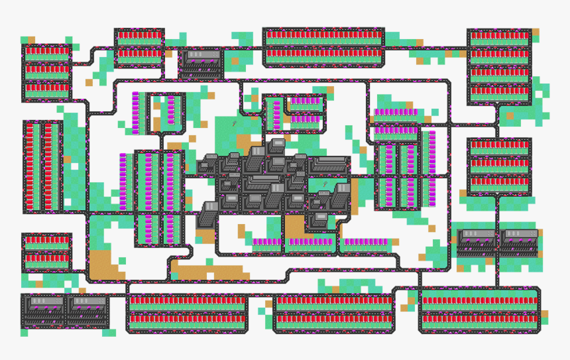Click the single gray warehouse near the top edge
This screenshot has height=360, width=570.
point(203,60)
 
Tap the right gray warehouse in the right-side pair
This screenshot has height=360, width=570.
point(520,241)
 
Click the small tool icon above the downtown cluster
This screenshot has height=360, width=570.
point(235,123)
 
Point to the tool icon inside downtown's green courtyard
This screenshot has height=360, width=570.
point(325,184)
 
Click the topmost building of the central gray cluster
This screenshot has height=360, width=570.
point(277,146)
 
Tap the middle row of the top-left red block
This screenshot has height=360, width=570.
point(47,69)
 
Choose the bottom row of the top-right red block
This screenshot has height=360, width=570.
point(500,90)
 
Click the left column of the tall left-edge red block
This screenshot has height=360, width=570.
point(30,166)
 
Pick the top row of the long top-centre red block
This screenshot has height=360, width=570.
point(323,34)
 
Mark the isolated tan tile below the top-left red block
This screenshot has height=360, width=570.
point(89,83)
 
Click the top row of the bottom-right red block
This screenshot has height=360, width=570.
point(479,300)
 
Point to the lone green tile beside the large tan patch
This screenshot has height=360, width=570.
point(121,261)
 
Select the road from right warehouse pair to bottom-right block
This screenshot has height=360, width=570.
point(497,272)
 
